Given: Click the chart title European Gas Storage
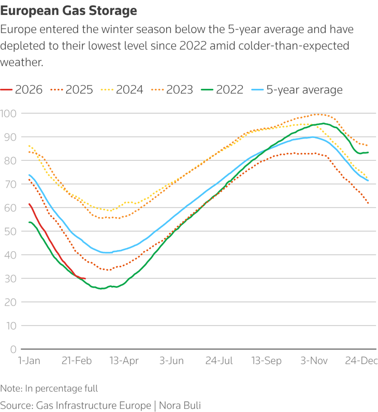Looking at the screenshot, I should point(69,10).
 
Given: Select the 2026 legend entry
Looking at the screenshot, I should point(22,89).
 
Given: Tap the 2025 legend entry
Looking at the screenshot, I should point(72,89).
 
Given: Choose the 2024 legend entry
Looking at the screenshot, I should point(122,89).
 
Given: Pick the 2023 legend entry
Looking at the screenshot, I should point(172,89).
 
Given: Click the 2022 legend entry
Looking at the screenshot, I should point(223,89).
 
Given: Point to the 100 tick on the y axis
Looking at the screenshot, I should point(8,113).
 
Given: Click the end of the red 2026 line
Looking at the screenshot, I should point(85,279).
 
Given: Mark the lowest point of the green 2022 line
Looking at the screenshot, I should point(101,288).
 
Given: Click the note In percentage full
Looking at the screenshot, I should point(49,388).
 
